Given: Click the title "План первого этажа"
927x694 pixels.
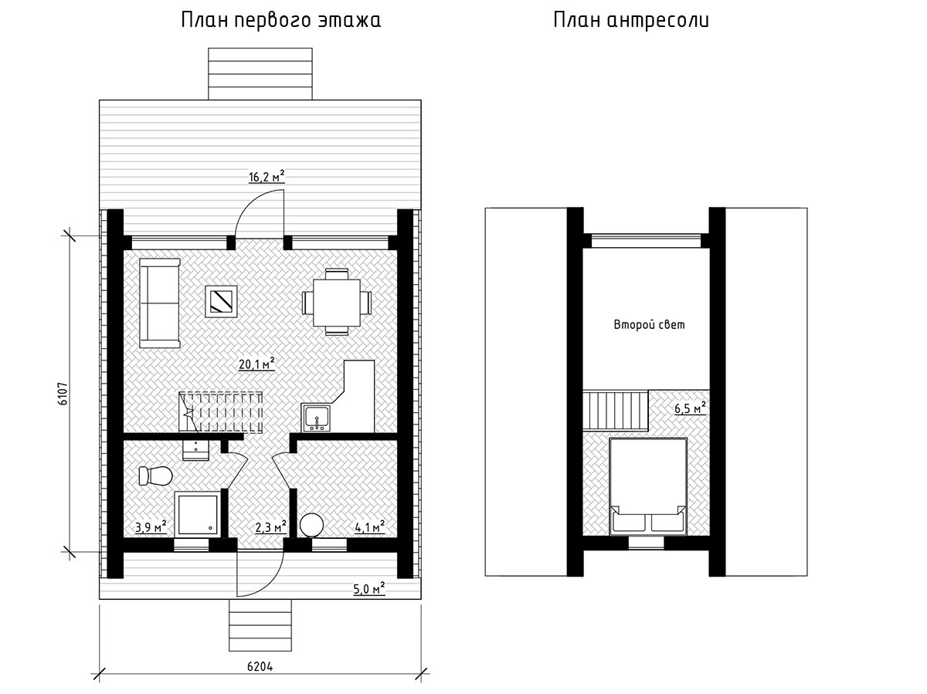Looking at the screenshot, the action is click(281, 21).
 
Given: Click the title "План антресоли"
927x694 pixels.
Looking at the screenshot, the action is click(631, 20).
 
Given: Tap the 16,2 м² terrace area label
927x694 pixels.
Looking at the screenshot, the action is click(267, 176).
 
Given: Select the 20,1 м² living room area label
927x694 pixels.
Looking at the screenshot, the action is click(256, 364).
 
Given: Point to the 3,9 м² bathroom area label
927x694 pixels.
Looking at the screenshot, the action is click(151, 527).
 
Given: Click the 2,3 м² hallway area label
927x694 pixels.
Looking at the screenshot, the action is click(270, 527).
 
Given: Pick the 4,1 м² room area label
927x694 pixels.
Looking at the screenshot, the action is click(369, 527).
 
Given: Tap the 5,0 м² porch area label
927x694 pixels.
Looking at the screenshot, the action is click(369, 588).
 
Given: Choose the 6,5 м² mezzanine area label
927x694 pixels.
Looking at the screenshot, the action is click(690, 408).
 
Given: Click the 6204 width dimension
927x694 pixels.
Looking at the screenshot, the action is click(260, 666).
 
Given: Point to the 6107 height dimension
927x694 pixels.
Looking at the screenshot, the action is click(63, 394).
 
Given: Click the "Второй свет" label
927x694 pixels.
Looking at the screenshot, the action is click(649, 325).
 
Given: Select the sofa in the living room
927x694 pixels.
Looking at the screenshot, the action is click(160, 303).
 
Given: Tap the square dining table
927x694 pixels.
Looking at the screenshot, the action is click(337, 303).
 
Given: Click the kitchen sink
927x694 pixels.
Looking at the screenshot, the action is click(316, 418).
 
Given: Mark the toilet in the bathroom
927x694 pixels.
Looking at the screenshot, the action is click(155, 476).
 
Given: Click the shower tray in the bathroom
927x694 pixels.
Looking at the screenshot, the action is click(198, 514).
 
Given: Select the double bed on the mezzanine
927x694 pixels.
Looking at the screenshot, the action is click(648, 486).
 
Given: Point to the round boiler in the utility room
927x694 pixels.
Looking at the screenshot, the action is click(311, 525).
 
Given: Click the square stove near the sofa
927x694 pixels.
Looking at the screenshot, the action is click(221, 301).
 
